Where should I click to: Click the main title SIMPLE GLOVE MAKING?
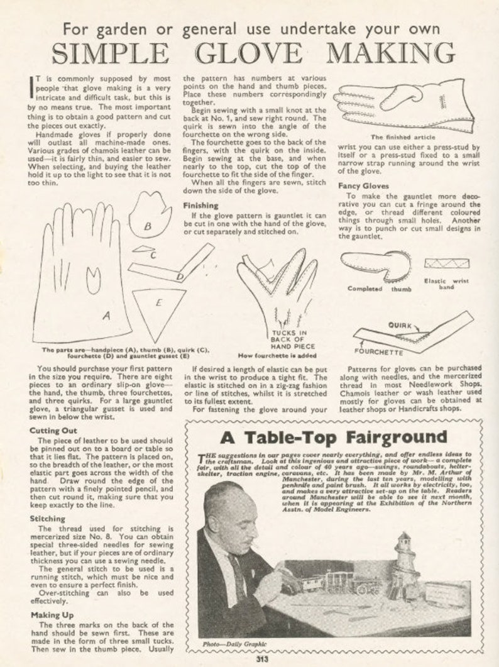click(253, 53)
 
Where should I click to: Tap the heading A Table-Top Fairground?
click(333, 437)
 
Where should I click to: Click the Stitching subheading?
click(47, 519)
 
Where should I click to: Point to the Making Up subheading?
click(51, 615)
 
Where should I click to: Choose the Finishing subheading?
click(200, 206)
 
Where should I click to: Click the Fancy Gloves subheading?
click(364, 186)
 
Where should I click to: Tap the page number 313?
click(262, 659)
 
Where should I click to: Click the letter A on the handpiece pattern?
click(106, 316)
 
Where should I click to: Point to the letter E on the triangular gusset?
click(158, 304)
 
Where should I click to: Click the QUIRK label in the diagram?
click(400, 326)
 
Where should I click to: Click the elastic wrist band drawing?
click(446, 263)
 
